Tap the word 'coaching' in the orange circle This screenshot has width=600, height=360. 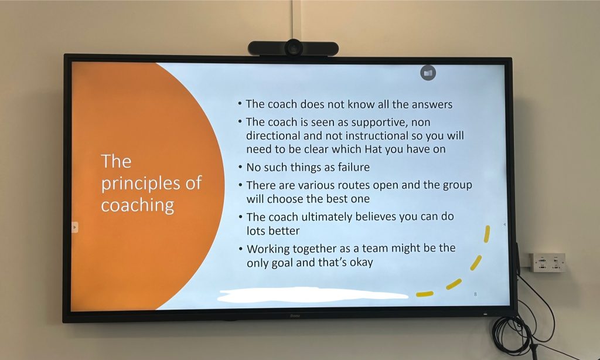point(137,206)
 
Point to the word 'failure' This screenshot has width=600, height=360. point(353,167)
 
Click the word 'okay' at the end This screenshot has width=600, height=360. point(361,263)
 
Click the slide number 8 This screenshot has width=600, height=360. point(475,294)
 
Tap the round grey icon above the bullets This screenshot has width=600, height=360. point(428,73)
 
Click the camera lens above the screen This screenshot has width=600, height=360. point(294,48)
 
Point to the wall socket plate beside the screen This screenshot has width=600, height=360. point(547,262)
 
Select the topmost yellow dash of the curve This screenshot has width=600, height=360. point(487,234)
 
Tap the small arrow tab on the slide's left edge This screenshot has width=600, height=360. point(74,227)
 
